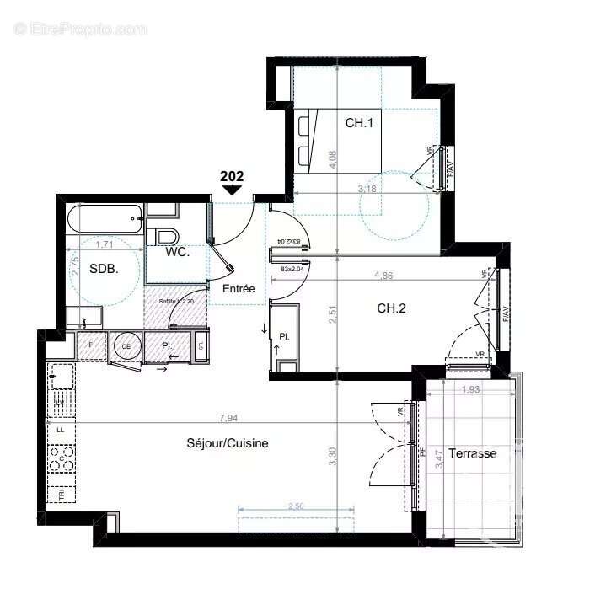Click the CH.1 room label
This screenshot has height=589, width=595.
point(358,122)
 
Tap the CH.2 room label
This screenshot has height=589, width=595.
point(391,308)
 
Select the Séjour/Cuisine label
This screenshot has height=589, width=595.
point(228,443)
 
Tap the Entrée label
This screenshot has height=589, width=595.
point(239,288)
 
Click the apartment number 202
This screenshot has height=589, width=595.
point(232,176)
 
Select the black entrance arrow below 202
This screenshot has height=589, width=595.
point(232,191)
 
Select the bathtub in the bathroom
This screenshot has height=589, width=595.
point(104,220)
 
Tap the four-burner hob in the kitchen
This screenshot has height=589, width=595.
point(60,459)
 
